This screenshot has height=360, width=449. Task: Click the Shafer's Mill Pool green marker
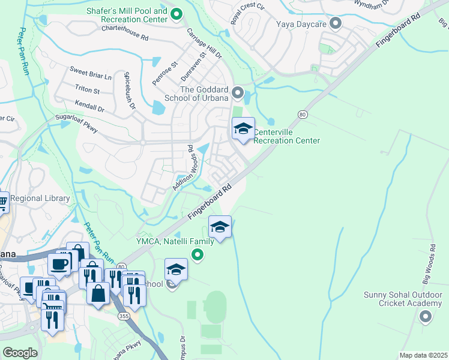point(176,14)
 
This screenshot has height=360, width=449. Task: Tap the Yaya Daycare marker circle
point(336,24)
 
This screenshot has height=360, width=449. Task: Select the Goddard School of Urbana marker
point(238,93)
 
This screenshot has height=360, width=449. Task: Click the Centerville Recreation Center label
point(286,136)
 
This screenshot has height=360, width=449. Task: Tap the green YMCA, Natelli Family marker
point(196,256)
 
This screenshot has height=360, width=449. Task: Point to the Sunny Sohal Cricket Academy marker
point(426,316)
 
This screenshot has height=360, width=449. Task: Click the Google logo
point(20,353)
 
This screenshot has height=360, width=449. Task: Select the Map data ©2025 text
point(423,355)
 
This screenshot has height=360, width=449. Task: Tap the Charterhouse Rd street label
point(124,32)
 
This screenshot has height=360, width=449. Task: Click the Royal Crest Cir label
point(247,13)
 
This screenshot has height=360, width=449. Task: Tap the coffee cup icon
point(59,264)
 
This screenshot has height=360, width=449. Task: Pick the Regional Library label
point(40,199)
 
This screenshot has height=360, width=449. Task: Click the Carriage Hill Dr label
point(205,43)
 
